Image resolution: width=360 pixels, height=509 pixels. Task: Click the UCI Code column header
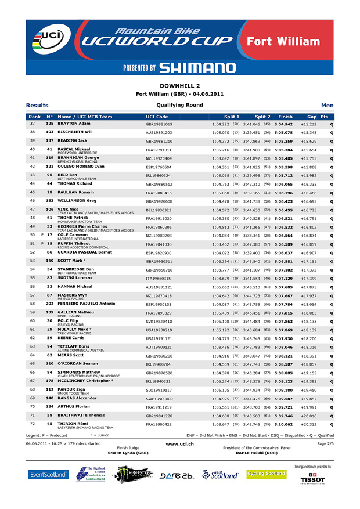tap(157, 117)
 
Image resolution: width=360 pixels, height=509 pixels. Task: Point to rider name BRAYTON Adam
tap(74, 124)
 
